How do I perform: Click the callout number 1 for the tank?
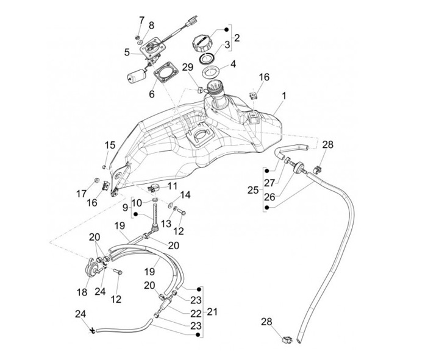284,97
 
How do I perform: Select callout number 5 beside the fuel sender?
127,52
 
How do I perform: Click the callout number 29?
188,66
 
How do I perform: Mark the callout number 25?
252,190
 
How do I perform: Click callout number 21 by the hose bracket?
212,311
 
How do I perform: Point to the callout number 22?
196,313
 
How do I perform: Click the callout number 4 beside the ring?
234,63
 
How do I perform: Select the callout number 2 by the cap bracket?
237,37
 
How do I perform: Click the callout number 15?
109,145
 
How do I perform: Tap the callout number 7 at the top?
141,20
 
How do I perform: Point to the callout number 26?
269,197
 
